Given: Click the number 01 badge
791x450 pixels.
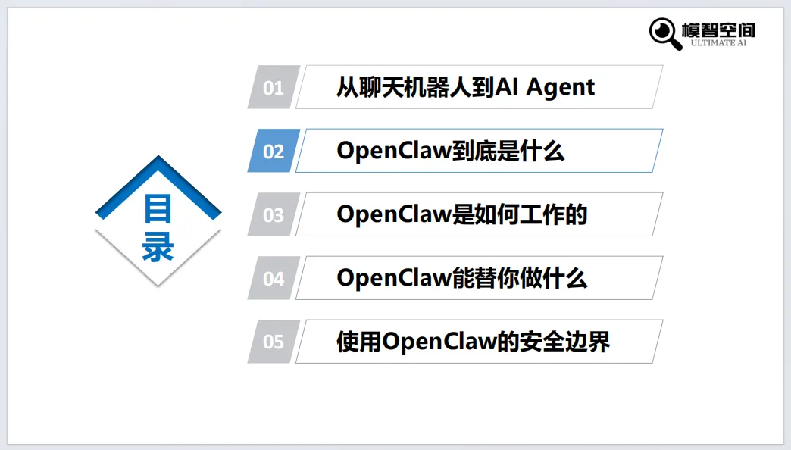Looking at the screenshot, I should (273, 88).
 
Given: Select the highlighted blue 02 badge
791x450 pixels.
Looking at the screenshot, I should (273, 152).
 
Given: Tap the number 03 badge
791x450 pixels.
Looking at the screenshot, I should (273, 215).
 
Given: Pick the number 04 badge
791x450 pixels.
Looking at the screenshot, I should (273, 279).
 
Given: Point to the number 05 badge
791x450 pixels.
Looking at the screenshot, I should (273, 342).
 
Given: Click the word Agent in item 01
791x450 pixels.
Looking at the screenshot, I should (561, 88).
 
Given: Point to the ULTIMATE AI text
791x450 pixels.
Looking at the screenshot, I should (718, 43).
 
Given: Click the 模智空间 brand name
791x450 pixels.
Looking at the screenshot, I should (718, 30).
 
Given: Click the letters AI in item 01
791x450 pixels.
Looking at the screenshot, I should (507, 88).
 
